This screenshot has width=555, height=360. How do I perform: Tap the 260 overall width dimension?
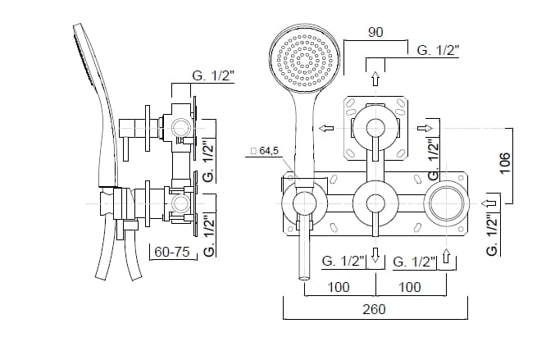(x=374, y=309)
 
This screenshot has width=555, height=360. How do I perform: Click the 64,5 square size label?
(x=264, y=152)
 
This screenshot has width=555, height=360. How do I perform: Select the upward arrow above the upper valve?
(x=375, y=79)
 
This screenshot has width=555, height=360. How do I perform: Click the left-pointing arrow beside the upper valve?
(x=325, y=128)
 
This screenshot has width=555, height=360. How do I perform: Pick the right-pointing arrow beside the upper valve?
(x=425, y=128)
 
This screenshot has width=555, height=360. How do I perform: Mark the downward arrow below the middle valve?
(x=375, y=257)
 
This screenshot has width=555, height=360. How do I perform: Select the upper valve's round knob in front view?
(x=375, y=128)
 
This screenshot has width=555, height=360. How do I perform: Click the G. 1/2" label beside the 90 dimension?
(x=438, y=50)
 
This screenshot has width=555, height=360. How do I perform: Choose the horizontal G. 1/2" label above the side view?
(x=213, y=75)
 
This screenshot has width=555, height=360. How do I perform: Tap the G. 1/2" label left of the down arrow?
(x=343, y=261)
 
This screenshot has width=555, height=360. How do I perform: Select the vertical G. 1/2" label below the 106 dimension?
(x=492, y=235)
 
